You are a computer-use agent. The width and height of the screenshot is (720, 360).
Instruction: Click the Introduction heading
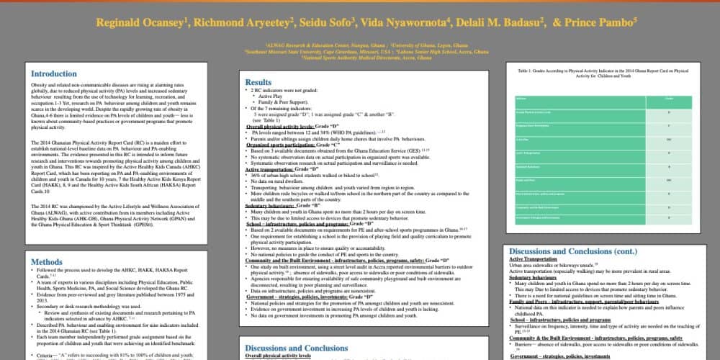[x=54, y=74]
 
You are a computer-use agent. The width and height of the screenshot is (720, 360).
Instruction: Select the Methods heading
[x=48, y=263]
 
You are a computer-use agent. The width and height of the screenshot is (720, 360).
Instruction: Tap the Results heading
[x=258, y=83]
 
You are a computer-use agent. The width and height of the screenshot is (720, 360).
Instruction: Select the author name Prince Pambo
[x=600, y=22]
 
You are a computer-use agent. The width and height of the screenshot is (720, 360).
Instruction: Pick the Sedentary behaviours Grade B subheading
[x=283, y=205]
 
